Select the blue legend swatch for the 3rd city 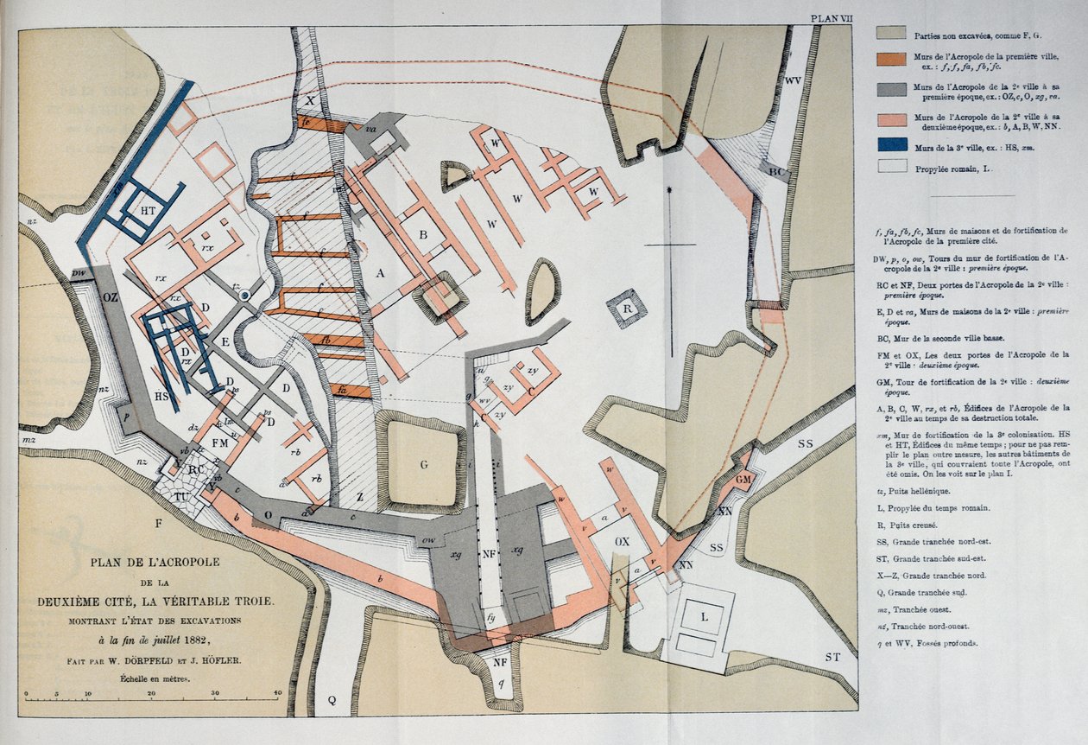pos(891,144)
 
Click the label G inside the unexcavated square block pos(424,465)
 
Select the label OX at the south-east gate pos(622,542)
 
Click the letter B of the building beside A pos(423,235)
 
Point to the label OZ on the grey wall pos(111,297)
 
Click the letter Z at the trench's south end pos(359,498)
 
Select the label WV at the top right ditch pos(794,80)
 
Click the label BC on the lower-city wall pos(778,172)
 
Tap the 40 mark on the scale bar pos(278,693)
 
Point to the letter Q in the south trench pos(331,699)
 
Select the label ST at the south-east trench pos(832,658)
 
